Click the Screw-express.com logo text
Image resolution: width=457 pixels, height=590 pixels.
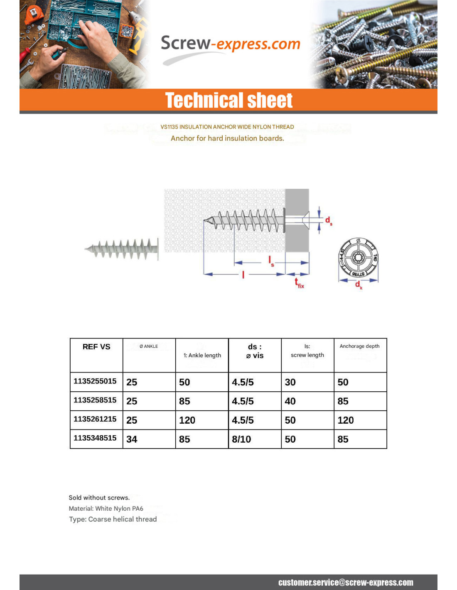tap(230, 44)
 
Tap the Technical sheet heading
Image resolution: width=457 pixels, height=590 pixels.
tap(228, 100)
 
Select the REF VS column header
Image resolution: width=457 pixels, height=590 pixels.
tap(96, 347)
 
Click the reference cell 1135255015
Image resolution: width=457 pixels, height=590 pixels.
tap(95, 381)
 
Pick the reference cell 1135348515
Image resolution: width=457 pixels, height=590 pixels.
tap(95, 438)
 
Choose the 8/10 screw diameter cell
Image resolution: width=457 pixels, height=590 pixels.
tap(241, 439)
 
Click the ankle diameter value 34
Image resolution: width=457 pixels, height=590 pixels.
tap(132, 439)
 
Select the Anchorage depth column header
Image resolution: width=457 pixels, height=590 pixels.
tap(359, 346)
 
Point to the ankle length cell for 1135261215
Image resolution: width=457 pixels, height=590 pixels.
tap(187, 420)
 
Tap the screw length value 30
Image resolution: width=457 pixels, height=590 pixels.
tap(290, 382)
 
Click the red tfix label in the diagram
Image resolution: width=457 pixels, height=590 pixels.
tap(299, 283)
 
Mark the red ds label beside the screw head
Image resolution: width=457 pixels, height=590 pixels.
tap(328, 221)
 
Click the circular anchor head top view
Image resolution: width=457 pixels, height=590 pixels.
tap(358, 257)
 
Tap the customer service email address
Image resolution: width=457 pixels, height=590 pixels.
tap(346, 583)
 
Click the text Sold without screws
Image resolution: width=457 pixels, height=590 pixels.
tap(99, 497)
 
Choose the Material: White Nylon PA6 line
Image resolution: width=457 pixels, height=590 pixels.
tap(106, 508)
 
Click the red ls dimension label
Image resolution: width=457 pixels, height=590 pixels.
tap(271, 261)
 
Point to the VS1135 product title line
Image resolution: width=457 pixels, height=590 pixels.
tap(227, 127)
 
